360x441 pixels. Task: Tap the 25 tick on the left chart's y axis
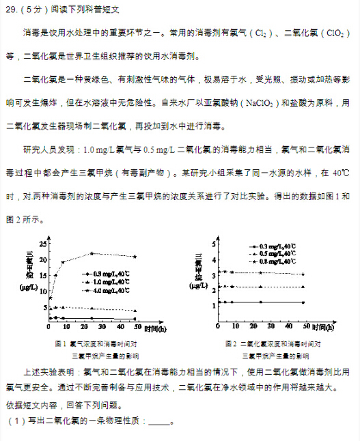tap(43, 244)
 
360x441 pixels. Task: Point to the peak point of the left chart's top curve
tap(92, 253)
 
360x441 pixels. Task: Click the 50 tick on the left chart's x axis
tap(135, 326)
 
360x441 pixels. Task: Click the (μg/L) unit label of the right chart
tap(198, 286)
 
